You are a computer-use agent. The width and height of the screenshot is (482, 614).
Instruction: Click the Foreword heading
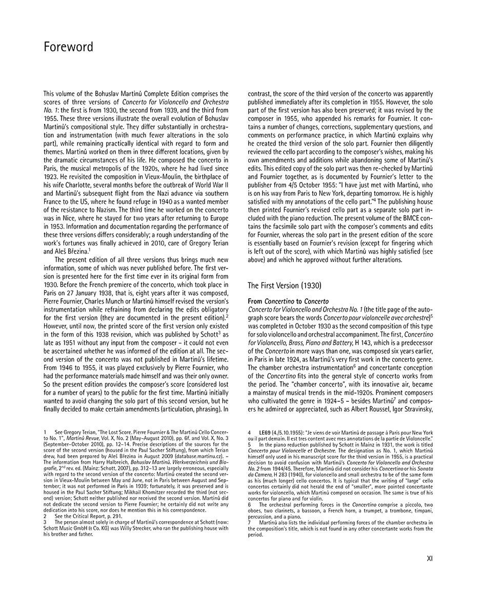pos(68,48)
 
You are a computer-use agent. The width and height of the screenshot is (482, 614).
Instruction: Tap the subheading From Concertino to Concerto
pos(288,301)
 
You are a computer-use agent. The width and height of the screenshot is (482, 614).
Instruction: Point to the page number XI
pos(430,559)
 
